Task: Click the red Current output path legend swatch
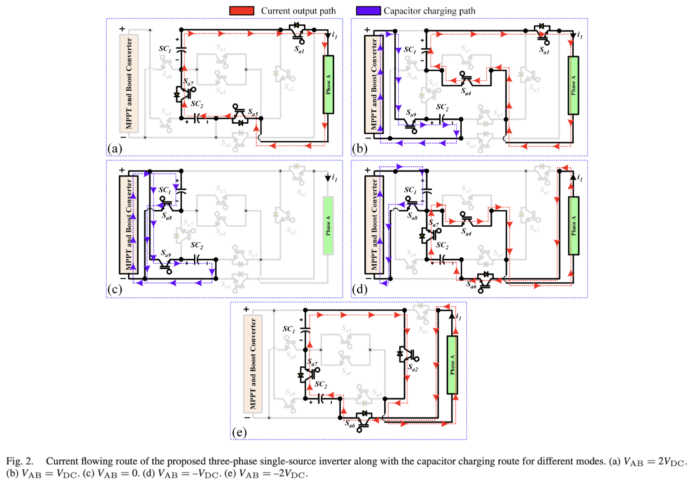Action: [241, 11]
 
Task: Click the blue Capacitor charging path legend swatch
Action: [368, 11]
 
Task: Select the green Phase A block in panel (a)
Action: [328, 84]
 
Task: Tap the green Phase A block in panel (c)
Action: [328, 225]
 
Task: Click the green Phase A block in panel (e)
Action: [452, 365]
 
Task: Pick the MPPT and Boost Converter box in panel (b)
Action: [374, 84]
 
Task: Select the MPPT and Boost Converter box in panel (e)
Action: [253, 363]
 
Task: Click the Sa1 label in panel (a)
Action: [299, 49]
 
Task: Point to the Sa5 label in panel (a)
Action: [253, 112]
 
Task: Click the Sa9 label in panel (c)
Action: [166, 253]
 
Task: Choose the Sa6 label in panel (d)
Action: [471, 285]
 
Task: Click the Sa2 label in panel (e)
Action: [413, 367]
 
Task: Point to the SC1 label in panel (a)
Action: [165, 49]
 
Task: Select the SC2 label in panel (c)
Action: [197, 245]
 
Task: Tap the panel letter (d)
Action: [359, 289]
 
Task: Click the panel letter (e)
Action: [239, 432]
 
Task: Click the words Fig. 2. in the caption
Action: [20, 461]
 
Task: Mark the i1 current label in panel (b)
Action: [580, 35]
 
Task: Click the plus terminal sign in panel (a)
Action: [122, 29]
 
